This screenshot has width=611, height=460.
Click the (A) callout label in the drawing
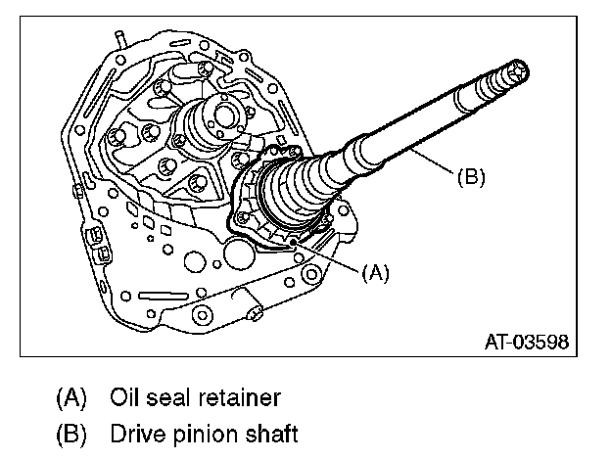(375, 274)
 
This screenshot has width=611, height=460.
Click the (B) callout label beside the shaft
(471, 177)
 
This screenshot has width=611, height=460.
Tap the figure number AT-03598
(527, 343)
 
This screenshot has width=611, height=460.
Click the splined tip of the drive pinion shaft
(515, 70)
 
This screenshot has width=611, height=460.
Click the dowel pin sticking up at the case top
(118, 40)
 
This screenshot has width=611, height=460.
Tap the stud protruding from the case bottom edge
(257, 314)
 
